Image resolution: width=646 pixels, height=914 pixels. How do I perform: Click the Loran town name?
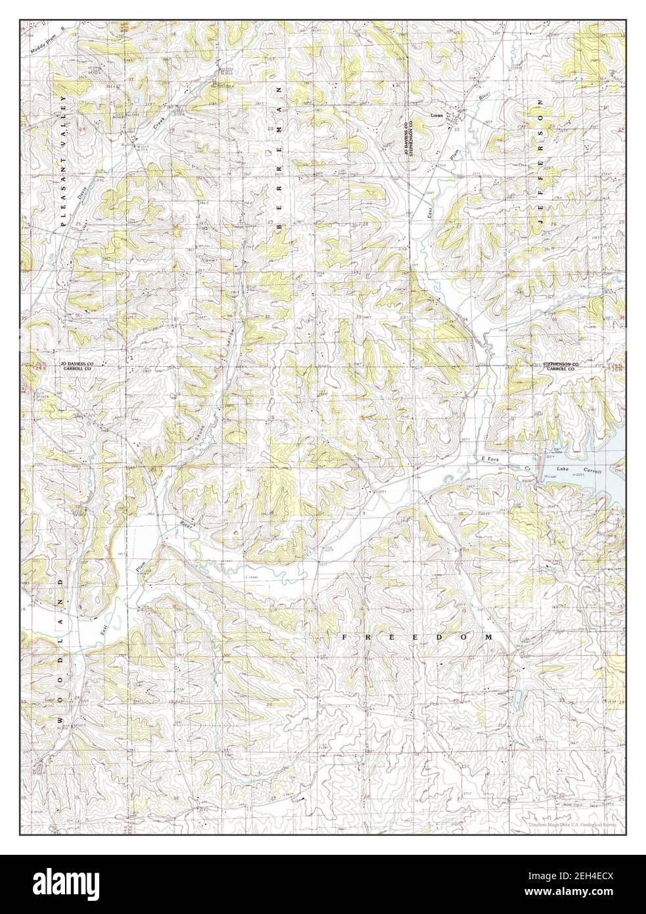(x=436, y=114)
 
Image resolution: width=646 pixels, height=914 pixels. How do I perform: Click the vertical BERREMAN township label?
(x=279, y=157)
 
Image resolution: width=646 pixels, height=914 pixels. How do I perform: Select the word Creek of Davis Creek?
(x=158, y=122)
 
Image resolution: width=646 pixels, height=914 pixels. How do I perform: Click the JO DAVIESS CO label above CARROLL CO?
(x=78, y=363)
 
